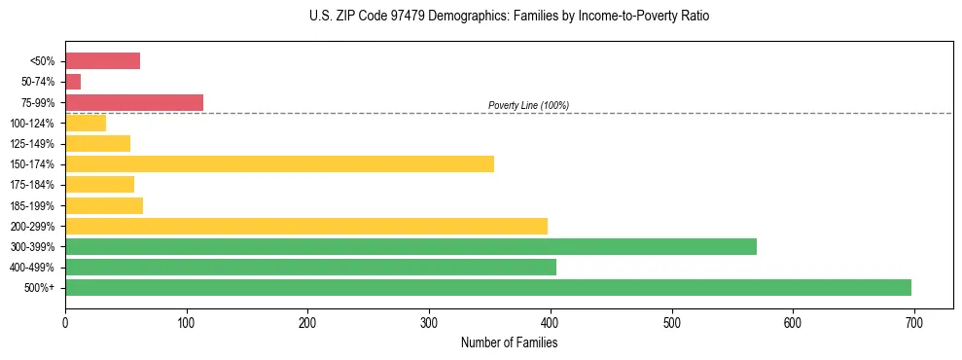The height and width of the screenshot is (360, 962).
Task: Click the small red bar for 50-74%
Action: point(73,82)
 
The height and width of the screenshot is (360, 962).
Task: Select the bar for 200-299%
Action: point(306,226)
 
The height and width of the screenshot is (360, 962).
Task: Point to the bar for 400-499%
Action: point(310,267)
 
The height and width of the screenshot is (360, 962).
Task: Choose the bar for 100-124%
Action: point(86,123)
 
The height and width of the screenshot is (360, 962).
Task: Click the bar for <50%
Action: point(102,61)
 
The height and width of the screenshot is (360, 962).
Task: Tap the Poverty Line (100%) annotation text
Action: point(528,105)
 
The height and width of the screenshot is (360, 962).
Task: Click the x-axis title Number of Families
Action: point(509,342)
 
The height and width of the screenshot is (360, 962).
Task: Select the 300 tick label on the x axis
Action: point(429,324)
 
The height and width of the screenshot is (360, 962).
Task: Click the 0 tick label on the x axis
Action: point(65,324)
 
